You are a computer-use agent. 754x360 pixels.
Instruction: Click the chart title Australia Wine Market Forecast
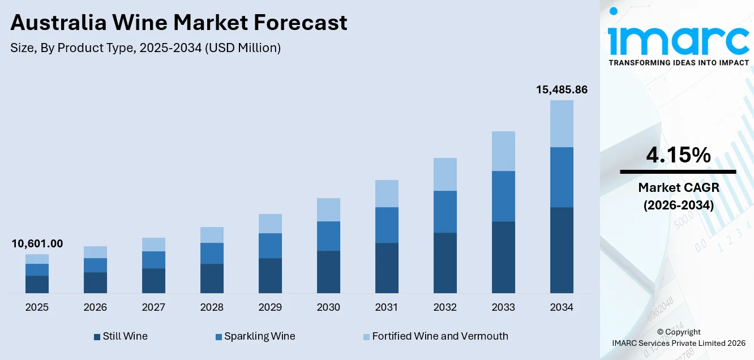pos(179,23)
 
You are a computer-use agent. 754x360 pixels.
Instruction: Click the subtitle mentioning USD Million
pos(145,48)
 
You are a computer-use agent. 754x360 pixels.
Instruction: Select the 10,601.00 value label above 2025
pos(37,244)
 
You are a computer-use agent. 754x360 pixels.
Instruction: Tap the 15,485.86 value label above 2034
pos(562,89)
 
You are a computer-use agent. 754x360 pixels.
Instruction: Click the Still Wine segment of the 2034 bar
pos(562,250)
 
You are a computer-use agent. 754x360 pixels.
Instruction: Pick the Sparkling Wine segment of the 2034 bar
pos(562,177)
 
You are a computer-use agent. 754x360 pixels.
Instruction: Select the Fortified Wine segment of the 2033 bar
pos(503,151)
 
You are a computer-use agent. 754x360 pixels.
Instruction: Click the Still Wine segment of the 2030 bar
pos(328,272)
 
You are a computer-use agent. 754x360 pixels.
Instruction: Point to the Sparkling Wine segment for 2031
pos(387,225)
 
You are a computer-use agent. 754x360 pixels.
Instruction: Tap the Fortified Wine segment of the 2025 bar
pos(37,259)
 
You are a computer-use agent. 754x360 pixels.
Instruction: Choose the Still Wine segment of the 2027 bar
pos(153,280)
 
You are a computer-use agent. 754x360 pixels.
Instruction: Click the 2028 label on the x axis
pos(212,307)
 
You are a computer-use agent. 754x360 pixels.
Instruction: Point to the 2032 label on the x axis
pos(445,307)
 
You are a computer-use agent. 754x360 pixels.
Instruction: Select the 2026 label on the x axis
pos(95,307)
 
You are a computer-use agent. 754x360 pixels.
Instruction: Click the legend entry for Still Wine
pos(121,336)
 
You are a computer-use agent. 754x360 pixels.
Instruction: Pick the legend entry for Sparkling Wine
pos(255,336)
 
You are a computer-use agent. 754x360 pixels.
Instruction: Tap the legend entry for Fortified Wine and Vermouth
pos(435,336)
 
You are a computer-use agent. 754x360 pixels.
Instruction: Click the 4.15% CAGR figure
pos(678,155)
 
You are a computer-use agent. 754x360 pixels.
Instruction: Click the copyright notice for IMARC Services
pos(678,337)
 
